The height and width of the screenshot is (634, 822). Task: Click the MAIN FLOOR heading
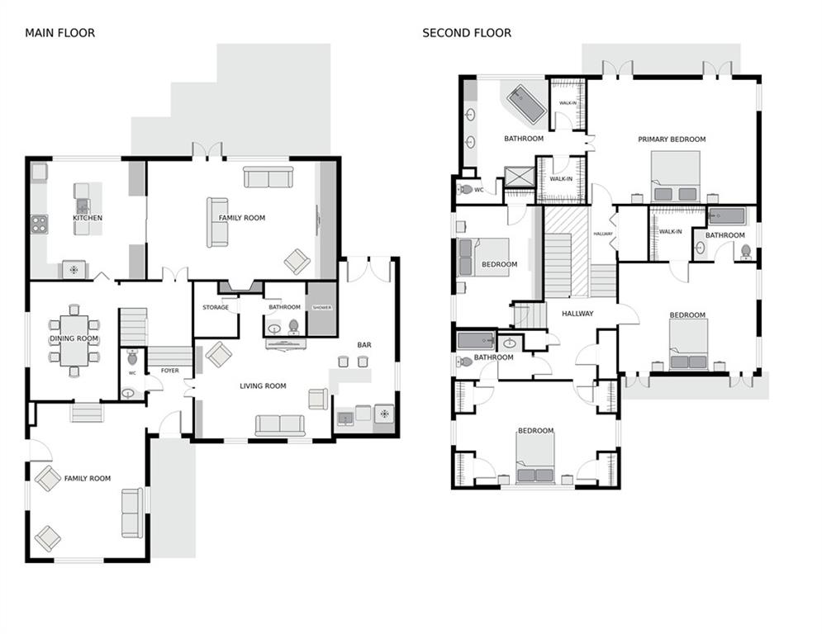coord(59,33)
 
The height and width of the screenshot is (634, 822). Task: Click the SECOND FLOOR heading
coord(467,33)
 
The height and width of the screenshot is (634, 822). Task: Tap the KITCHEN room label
coord(88,218)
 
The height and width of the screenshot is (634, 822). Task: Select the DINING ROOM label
coord(74,338)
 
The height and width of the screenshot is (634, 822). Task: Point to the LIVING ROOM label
coord(263,386)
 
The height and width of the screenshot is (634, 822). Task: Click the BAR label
coord(363,345)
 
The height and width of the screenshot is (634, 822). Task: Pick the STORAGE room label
coord(216,308)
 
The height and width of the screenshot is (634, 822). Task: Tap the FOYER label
coord(170,371)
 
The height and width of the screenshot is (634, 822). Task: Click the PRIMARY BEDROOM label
coord(672,140)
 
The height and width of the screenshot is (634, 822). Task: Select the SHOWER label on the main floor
coord(321,308)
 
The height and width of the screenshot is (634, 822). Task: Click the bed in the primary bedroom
coord(674,177)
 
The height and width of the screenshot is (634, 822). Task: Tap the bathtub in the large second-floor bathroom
coord(525,104)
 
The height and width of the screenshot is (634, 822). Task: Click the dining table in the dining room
coord(74,340)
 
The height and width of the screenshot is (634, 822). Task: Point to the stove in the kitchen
coord(39,224)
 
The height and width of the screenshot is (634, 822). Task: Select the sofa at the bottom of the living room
coord(279,425)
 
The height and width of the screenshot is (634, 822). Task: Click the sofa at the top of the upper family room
coord(268,177)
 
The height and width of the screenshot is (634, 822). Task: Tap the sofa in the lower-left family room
coord(132,513)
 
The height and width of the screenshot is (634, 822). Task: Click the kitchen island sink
coord(82,206)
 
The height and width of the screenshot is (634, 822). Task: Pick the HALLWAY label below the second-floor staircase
coord(577,314)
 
